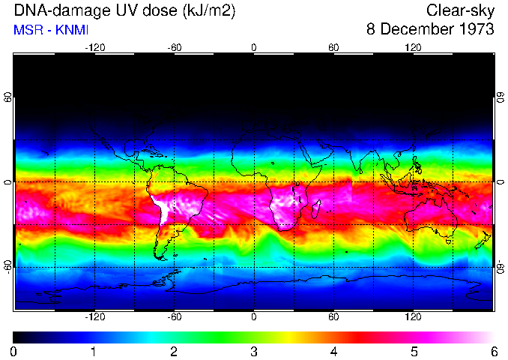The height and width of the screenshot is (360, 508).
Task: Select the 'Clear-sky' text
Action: coord(460,11)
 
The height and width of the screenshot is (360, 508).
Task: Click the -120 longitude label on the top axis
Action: coord(94,47)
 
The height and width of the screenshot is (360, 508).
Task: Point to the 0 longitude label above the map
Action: coord(254,47)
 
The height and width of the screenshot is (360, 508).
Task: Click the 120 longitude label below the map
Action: coord(414,317)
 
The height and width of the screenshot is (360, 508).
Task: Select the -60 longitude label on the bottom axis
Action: coord(174,317)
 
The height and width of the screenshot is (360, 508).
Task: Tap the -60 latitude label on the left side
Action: coord(9,266)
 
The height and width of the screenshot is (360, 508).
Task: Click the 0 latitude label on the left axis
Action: coord(9,182)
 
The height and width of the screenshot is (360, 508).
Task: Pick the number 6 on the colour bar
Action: coord(493,351)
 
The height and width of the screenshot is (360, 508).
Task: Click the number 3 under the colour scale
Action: coord(254,351)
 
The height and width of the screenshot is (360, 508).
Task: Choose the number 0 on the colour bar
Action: coord(14,351)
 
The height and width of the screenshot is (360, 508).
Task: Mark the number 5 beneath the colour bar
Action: coord(414,351)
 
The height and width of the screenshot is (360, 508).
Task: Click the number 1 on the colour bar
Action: coord(94,351)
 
